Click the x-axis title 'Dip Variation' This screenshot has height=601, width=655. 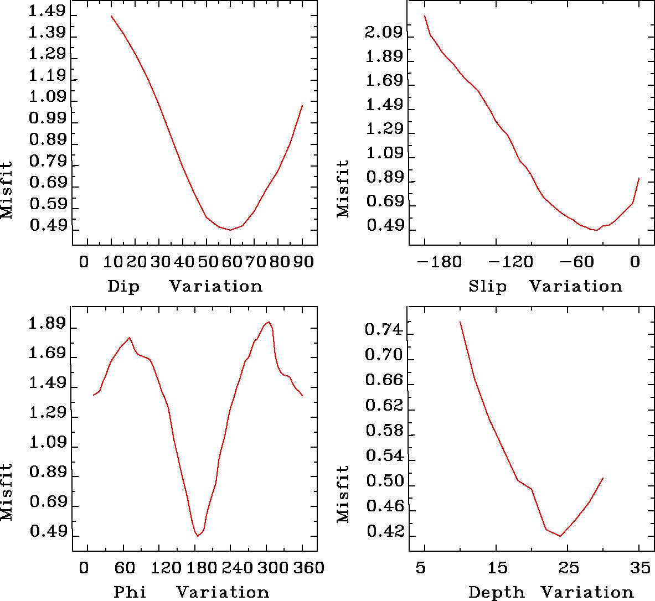(x=184, y=287)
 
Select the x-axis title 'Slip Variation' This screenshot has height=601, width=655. (x=545, y=287)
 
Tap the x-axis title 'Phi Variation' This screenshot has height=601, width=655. (x=191, y=592)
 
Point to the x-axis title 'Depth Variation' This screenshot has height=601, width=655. (x=550, y=592)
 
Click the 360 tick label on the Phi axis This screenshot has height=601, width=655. (x=306, y=567)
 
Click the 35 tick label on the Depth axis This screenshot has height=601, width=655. (x=639, y=567)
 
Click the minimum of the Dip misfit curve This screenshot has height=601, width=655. (x=230, y=230)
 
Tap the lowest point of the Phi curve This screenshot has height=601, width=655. (x=197, y=536)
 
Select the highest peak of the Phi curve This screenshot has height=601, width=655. (x=269, y=322)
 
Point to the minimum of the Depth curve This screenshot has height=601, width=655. (x=560, y=536)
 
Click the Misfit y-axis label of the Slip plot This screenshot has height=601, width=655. (x=343, y=189)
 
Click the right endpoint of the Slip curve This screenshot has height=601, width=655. (x=639, y=178)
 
